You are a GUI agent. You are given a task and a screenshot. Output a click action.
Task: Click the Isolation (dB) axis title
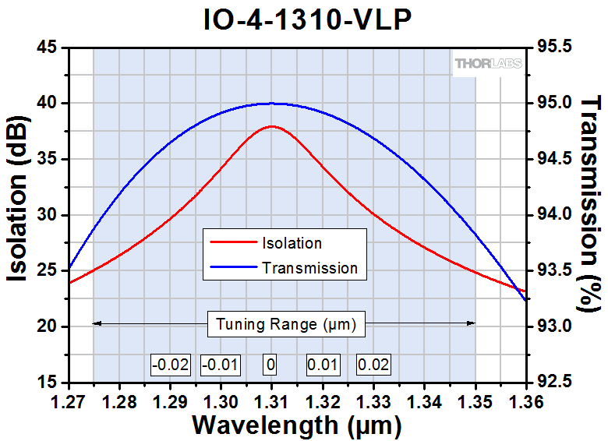(21, 215)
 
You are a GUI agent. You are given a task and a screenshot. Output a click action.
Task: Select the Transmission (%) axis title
(592, 215)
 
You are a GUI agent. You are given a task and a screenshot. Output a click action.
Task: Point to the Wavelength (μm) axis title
(297, 425)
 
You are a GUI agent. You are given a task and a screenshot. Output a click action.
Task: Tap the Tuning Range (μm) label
(287, 324)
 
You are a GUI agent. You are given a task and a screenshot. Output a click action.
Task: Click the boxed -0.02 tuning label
(170, 364)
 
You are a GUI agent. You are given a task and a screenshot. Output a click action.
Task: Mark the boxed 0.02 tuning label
(373, 364)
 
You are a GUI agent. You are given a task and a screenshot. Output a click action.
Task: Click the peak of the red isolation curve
(271, 126)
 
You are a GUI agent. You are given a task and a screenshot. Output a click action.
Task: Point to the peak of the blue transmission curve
(271, 103)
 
